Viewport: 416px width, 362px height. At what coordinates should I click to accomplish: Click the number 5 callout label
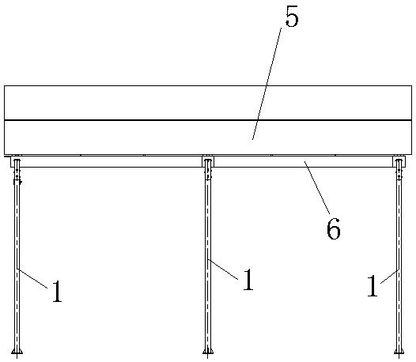[x=292, y=17]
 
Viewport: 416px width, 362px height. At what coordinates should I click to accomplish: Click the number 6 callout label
[x=334, y=228]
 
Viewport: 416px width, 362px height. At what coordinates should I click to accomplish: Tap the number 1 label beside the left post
[x=57, y=292]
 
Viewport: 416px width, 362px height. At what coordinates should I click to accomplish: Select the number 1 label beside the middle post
[x=248, y=280]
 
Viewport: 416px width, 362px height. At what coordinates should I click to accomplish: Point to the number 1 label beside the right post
[x=372, y=286]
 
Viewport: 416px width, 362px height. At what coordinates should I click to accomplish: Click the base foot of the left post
[x=17, y=352]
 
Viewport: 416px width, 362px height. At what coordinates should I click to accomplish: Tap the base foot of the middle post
[x=208, y=352]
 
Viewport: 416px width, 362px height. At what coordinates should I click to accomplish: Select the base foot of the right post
[x=399, y=352]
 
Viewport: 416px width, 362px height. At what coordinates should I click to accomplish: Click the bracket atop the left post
[x=16, y=161]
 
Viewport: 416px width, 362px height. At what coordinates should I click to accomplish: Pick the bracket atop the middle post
[x=208, y=161]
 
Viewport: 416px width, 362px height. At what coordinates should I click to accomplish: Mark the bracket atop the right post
[x=399, y=161]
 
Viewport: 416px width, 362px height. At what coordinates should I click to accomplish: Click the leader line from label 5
[x=267, y=83]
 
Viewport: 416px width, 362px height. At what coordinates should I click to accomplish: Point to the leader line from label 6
[x=317, y=187]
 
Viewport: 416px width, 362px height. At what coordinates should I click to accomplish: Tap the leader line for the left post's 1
[x=32, y=278]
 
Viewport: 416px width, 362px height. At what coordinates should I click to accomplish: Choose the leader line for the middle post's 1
[x=223, y=270]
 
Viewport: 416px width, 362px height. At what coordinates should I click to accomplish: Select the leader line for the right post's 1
[x=390, y=277]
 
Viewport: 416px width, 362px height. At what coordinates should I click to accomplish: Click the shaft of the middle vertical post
[x=208, y=261]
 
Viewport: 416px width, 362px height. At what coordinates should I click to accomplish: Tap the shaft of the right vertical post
[x=399, y=261]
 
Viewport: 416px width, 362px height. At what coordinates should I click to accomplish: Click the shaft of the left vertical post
[x=17, y=261]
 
